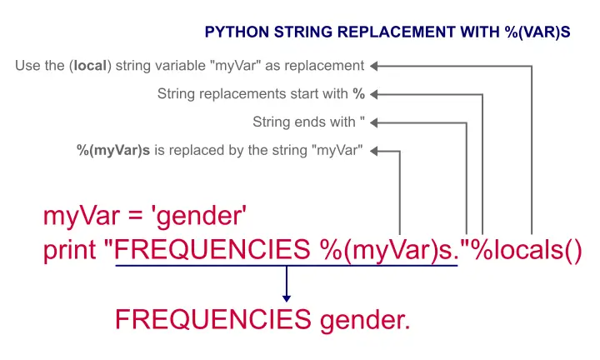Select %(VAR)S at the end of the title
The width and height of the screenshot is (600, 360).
pyautogui.click(x=537, y=32)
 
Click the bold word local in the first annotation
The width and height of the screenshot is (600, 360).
pyautogui.click(x=90, y=66)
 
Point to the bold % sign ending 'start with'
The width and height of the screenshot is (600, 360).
pyautogui.click(x=358, y=93)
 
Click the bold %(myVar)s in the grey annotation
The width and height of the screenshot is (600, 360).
pyautogui.click(x=113, y=150)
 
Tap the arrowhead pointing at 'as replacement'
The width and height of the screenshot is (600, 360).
pyautogui.click(x=374, y=66)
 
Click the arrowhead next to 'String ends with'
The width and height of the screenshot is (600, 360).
pyautogui.click(x=374, y=122)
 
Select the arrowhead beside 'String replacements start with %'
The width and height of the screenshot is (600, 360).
pyautogui.click(x=374, y=94)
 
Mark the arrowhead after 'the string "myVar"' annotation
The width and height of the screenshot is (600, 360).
pyautogui.click(x=374, y=151)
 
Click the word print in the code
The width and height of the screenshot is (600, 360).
pyautogui.click(x=70, y=251)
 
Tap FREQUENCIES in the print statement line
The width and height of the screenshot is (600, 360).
pyautogui.click(x=212, y=249)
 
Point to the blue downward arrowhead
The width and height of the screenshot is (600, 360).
pyautogui.click(x=287, y=298)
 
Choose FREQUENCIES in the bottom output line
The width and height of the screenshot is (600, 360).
pyautogui.click(x=213, y=319)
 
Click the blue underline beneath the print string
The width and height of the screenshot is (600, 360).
pyautogui.click(x=287, y=266)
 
